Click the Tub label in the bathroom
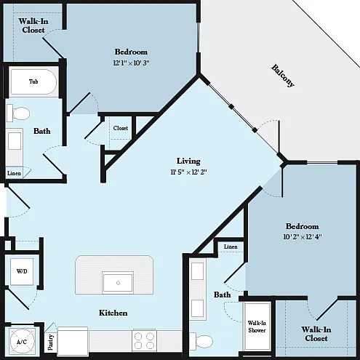coord(33,81)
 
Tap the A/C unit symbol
coord(22,341)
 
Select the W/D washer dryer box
coord(22,271)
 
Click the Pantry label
coord(51,343)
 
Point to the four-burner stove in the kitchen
coord(144,340)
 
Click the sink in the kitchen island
coord(118,283)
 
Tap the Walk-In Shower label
coord(257,327)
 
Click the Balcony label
coord(283,76)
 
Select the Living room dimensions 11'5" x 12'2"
coord(188,172)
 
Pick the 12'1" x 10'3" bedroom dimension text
coord(132,63)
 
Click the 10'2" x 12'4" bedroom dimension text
coord(303,236)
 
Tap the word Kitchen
coord(113,313)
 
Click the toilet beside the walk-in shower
coord(201,341)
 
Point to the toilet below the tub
coord(18,113)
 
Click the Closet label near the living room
coord(121,128)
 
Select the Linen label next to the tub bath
coord(14,173)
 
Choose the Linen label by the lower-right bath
coord(231,247)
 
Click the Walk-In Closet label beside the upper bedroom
coord(33,25)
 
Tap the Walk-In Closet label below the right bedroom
coord(316,334)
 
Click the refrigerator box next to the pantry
coord(73,341)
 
